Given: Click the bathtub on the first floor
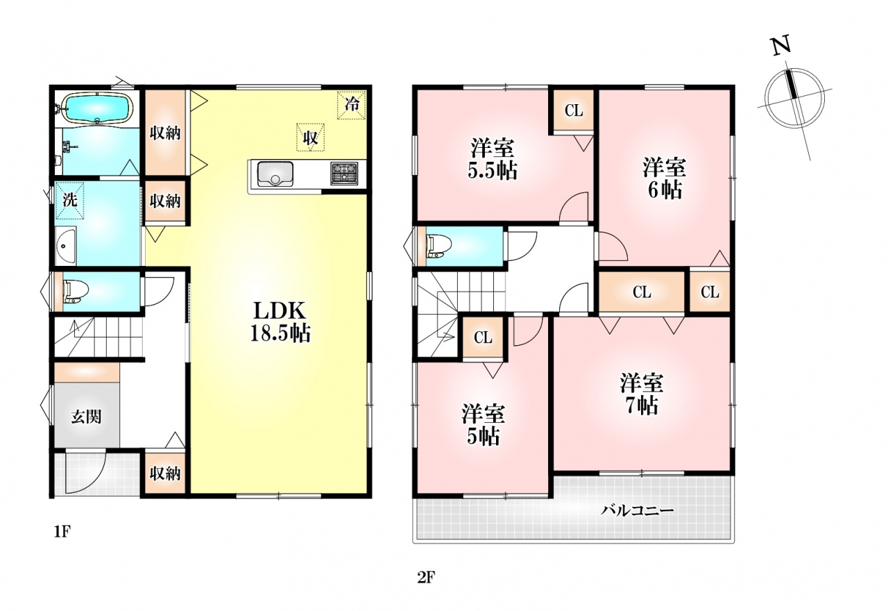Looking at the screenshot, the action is pyautogui.click(x=98, y=108).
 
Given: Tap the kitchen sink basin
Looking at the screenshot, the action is pyautogui.click(x=275, y=174).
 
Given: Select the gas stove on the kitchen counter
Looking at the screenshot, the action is pyautogui.click(x=344, y=174).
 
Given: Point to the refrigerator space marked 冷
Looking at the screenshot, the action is pyautogui.click(x=352, y=105).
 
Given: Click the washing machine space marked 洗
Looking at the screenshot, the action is pyautogui.click(x=70, y=200).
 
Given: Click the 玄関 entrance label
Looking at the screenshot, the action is pyautogui.click(x=87, y=417).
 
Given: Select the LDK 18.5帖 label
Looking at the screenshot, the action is pyautogui.click(x=280, y=322).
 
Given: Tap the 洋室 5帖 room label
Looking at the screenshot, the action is pyautogui.click(x=483, y=426).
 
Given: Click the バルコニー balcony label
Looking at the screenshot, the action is pyautogui.click(x=637, y=510).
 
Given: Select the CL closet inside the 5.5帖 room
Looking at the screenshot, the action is pyautogui.click(x=574, y=110).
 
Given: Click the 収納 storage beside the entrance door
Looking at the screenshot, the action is pyautogui.click(x=165, y=474).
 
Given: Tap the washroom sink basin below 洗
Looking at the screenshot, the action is pyautogui.click(x=66, y=246).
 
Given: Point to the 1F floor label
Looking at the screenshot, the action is pyautogui.click(x=62, y=532).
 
